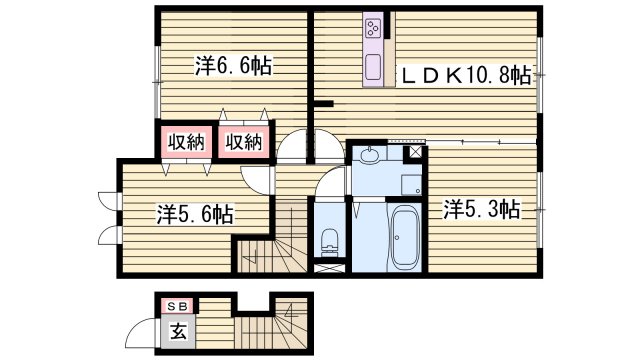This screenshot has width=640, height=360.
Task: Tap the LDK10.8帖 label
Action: tap(466, 74)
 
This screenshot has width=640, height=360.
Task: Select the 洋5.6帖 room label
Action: tap(195, 213)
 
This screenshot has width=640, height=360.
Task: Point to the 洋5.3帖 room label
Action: tap(481, 209)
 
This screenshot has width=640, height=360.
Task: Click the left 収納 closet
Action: tap(186, 142)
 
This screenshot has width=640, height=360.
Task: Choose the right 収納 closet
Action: tap(243, 142)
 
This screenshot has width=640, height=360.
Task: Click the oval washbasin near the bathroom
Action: tap(369, 154)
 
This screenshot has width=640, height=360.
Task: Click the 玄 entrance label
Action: tap(176, 331)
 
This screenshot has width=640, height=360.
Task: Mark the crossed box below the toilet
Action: tap(328, 269)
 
